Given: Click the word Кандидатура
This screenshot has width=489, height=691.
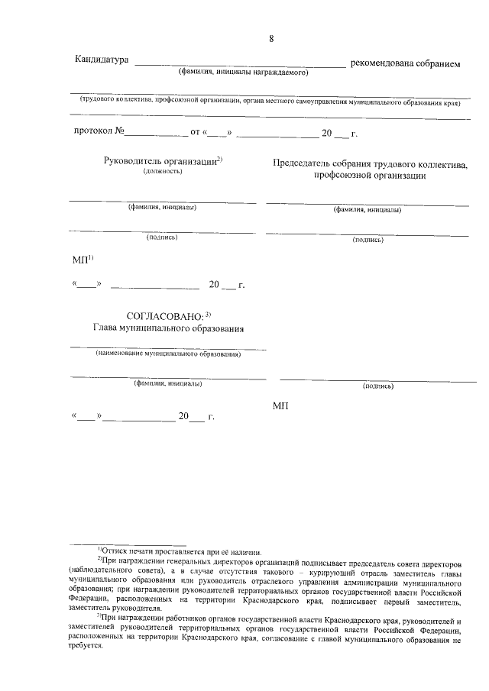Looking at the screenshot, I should (101, 60).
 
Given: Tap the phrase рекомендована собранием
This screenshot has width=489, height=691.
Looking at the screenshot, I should (405, 63).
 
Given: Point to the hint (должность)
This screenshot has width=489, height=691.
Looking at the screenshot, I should (162, 172).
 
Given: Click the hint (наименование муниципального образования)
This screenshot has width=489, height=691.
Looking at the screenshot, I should (168, 354).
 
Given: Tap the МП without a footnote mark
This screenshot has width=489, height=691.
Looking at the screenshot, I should (280, 405).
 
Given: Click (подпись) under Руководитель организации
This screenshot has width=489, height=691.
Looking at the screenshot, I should (162, 237).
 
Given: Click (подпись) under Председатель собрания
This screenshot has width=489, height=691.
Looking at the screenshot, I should (368, 240).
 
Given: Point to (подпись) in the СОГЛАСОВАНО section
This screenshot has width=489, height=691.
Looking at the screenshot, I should (378, 386).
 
